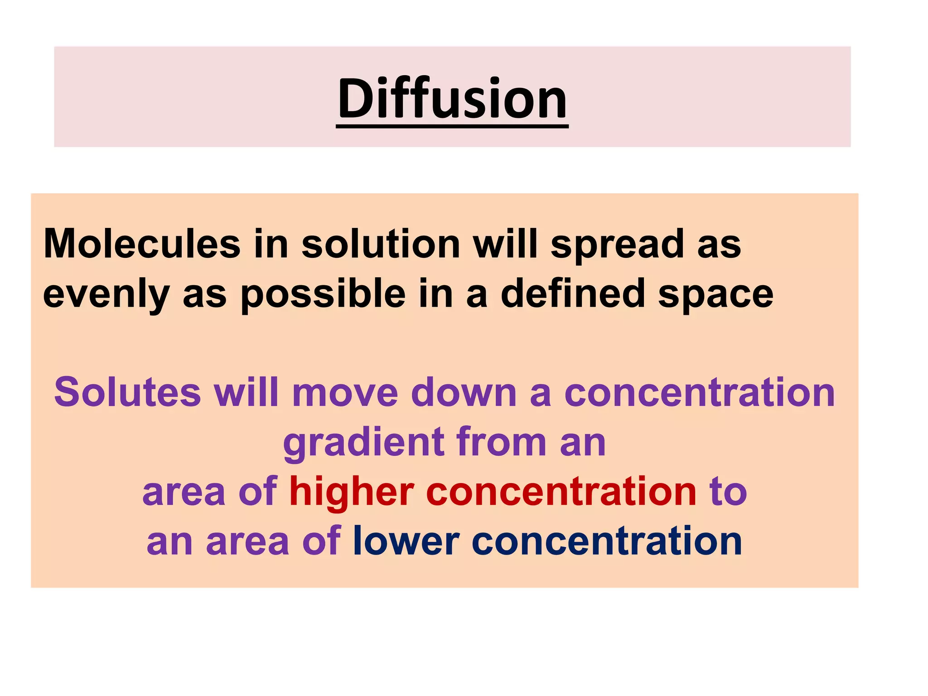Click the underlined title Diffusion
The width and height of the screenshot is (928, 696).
tap(452, 99)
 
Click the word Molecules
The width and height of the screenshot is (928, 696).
tap(142, 245)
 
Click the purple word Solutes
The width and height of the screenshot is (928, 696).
tap(127, 392)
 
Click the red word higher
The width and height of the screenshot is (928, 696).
tap(352, 493)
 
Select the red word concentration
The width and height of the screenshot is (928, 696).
tap(561, 492)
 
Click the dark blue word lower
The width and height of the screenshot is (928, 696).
tap(406, 541)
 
